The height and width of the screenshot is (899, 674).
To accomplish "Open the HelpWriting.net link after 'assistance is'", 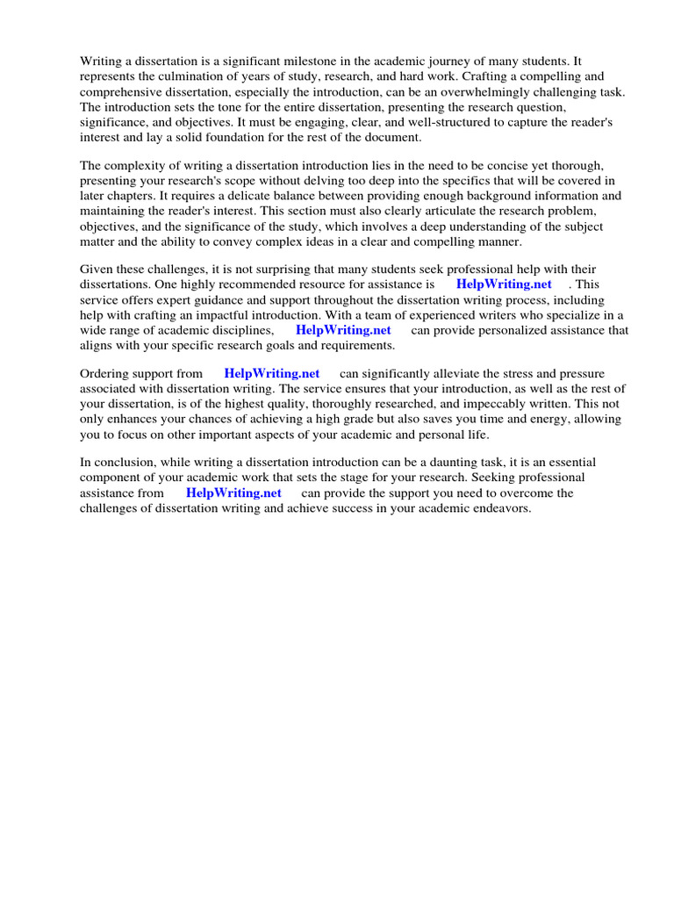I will coord(504,284).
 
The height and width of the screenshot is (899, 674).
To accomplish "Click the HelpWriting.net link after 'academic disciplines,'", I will coord(343,329).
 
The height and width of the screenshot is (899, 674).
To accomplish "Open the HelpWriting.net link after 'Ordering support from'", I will coord(272,374).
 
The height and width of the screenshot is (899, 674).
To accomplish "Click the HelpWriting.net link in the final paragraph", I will coord(233,493).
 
